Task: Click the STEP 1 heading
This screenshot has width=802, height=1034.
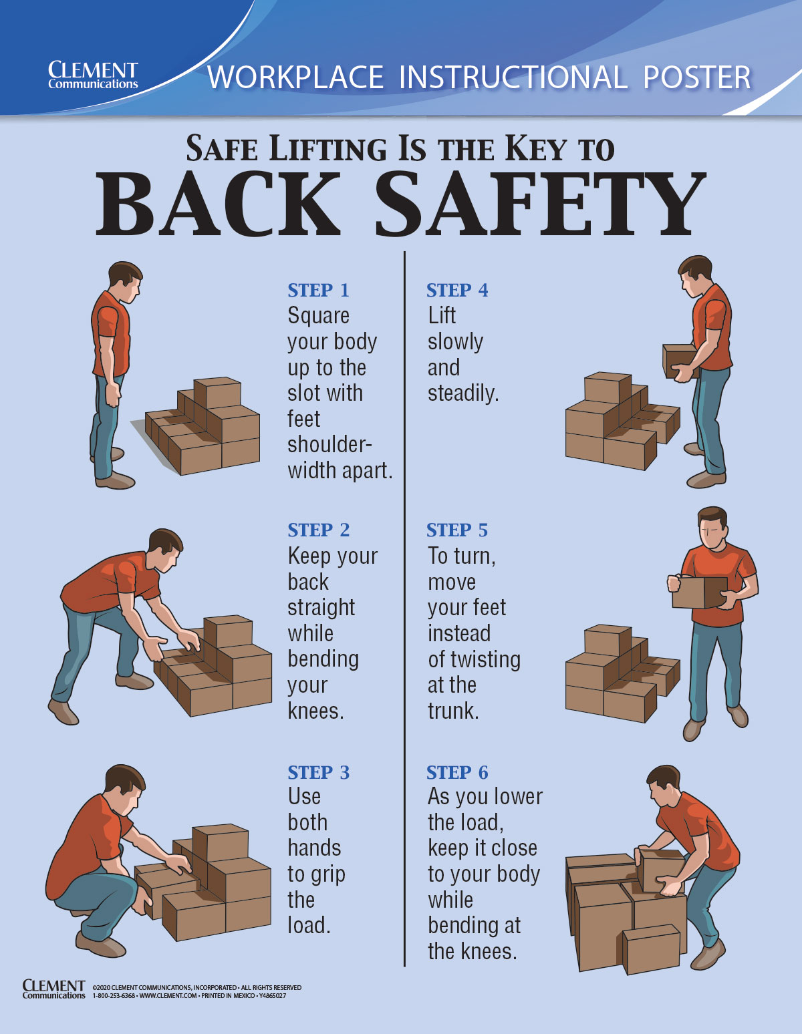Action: tap(318, 291)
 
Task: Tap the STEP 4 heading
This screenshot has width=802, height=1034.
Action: tap(457, 291)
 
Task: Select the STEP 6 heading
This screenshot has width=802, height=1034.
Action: tap(457, 773)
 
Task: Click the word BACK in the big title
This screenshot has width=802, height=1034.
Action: tap(218, 204)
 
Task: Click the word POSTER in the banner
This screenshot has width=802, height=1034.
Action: tap(697, 77)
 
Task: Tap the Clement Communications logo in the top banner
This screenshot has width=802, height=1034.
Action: tap(93, 75)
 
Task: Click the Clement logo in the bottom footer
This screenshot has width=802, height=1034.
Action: tap(54, 989)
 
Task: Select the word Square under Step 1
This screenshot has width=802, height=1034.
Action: tap(318, 315)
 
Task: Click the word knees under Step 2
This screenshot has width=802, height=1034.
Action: tap(315, 711)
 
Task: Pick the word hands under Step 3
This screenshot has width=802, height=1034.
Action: tap(314, 848)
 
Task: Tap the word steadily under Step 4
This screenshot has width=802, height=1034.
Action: tap(463, 393)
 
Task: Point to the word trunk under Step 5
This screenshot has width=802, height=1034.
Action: tap(453, 711)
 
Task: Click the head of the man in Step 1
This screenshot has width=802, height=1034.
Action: tap(125, 280)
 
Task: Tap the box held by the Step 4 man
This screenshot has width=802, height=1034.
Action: tap(680, 360)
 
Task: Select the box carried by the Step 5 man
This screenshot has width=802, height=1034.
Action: tap(698, 592)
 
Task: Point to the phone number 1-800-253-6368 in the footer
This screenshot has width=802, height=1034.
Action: tap(114, 996)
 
